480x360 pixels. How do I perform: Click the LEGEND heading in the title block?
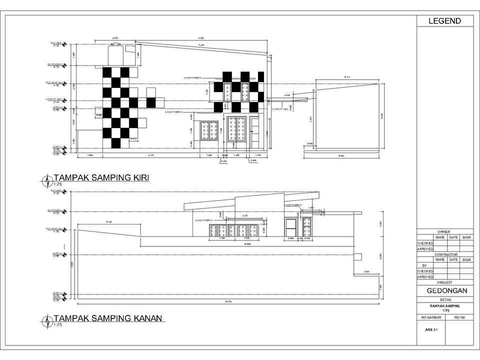[x=444, y=21]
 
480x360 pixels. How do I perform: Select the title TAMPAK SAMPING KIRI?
[x=101, y=177]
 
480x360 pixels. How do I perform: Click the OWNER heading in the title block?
[x=444, y=232]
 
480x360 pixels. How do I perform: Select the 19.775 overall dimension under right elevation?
[x=228, y=302]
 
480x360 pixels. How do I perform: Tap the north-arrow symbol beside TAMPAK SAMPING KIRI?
[x=47, y=179]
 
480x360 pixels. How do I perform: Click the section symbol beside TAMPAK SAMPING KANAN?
[x=47, y=320]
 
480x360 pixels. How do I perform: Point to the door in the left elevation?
[x=255, y=132]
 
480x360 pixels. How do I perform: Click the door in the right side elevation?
[x=290, y=228]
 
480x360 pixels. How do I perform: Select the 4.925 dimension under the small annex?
[x=341, y=156]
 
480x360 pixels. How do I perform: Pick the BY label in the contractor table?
[x=424, y=265]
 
